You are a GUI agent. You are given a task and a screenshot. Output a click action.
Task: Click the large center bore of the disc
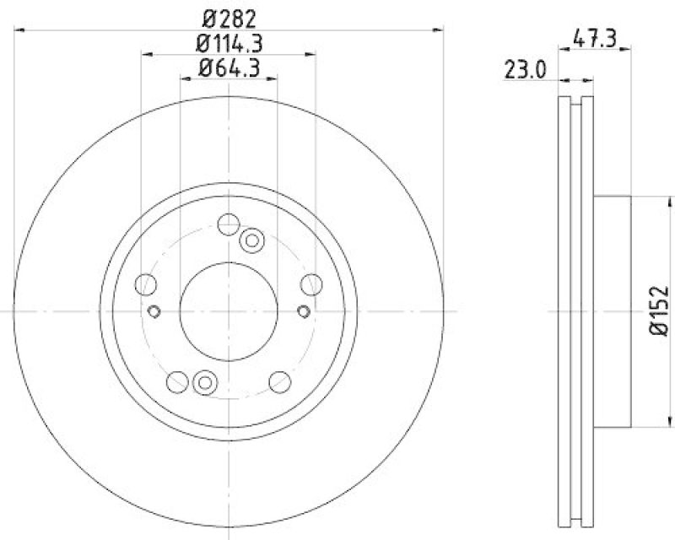[229, 310]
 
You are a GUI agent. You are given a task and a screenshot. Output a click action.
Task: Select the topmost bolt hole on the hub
[228, 224]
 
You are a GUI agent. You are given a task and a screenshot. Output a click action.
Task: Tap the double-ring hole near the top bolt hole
[251, 241]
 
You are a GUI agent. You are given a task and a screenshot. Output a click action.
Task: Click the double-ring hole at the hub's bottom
[204, 382]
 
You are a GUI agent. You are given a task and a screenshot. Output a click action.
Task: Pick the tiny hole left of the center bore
[154, 311]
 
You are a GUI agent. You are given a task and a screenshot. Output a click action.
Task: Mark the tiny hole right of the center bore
[304, 311]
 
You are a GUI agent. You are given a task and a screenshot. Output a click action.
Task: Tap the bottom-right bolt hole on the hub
[279, 382]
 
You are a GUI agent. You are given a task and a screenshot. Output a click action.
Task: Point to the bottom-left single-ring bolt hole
[177, 382]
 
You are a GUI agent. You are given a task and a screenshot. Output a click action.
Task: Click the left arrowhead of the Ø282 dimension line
[20, 30]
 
